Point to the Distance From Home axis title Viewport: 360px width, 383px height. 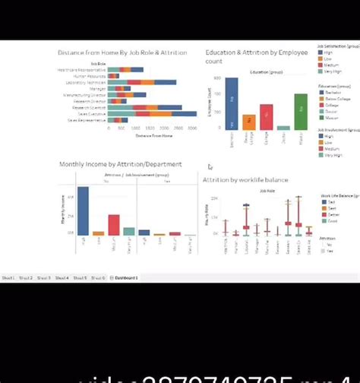(x=155, y=135)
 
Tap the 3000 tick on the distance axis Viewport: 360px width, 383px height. (x=192, y=128)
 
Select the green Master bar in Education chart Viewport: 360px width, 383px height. (x=301, y=112)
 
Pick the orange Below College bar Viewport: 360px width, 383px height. (x=249, y=122)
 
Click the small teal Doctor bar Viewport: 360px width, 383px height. (x=283, y=128)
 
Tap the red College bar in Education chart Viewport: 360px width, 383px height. (x=266, y=117)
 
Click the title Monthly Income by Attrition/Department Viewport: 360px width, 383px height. (x=121, y=164)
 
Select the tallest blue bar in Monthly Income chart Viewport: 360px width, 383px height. (x=84, y=210)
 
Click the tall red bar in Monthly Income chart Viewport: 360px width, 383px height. (x=114, y=225)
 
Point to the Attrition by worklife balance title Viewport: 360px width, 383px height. (x=245, y=179)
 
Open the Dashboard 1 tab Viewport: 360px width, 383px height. (x=126, y=278)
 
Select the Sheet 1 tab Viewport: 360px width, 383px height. (x=9, y=278)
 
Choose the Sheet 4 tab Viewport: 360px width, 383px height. (x=62, y=278)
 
